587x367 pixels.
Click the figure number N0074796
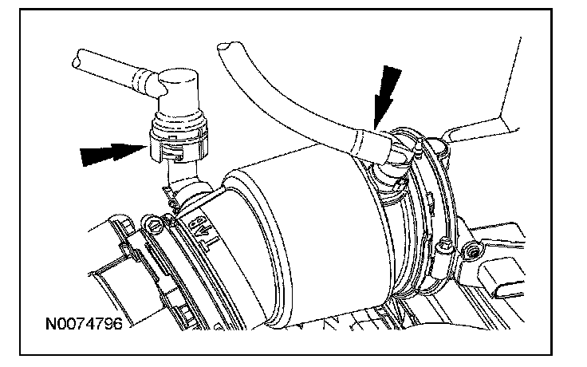(84, 324)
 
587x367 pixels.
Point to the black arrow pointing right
(114, 153)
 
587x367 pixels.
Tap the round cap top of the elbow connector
(178, 78)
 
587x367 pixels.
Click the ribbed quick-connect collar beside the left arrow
(178, 140)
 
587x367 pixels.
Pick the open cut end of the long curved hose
(226, 47)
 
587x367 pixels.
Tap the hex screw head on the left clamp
(154, 227)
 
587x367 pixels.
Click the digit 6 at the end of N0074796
(118, 324)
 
